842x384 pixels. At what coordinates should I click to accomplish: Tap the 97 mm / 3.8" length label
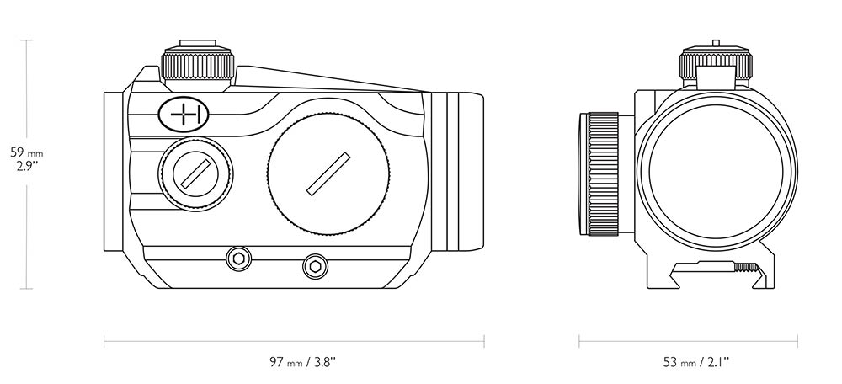point(302,362)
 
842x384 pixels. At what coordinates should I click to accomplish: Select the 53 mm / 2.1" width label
point(696,362)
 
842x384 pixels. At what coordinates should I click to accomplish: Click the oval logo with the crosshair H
point(184,115)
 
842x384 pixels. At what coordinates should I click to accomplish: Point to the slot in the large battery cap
point(328,174)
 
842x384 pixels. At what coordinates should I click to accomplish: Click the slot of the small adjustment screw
point(195,174)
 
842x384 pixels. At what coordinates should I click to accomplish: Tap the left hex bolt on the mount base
point(238,259)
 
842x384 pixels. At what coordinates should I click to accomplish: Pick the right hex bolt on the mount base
point(315,266)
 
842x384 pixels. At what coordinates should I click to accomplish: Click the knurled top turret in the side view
point(198,65)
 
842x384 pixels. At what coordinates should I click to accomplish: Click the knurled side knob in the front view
point(603,174)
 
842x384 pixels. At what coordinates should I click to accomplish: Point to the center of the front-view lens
point(716,171)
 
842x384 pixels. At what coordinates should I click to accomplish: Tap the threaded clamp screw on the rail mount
point(746,267)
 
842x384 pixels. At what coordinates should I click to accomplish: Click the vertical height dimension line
point(26,164)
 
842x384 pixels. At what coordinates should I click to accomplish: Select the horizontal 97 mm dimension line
point(294,341)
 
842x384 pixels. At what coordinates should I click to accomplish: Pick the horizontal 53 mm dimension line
point(689,341)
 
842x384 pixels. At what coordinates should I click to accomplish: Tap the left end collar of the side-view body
point(114,171)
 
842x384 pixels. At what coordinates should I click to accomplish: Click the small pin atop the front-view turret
point(715,43)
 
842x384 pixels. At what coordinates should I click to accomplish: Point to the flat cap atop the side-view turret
point(198,43)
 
